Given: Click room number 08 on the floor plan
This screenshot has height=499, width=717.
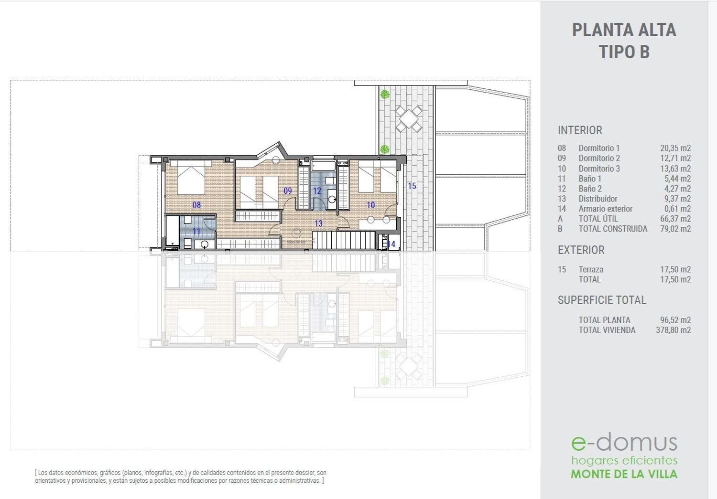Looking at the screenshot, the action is pos(196,205).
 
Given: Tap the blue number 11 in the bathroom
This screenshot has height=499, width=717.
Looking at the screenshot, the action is pos(196,231).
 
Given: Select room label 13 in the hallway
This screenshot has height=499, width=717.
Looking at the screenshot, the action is pos(318,223).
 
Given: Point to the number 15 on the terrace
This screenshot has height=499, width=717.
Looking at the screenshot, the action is pos(412,186).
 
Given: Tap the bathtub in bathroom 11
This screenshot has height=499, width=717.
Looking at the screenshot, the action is pos(172,232).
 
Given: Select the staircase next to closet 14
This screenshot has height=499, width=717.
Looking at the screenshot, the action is pos(344,240).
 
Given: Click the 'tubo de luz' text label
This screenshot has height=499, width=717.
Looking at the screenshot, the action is pos(296,242).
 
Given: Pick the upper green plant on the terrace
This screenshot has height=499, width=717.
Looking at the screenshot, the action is pos(385,94).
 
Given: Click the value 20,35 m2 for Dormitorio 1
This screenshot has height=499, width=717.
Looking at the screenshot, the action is pos(675,148).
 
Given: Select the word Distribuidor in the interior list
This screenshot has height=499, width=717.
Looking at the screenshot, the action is pos(598,199).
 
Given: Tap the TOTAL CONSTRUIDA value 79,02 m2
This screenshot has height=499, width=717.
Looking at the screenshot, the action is pos(675,229).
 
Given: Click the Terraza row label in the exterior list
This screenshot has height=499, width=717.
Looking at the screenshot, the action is pos(591,269).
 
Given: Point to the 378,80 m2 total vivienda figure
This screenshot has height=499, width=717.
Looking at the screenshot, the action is pos(674,330).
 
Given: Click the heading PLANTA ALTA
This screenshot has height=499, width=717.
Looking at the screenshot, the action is pos(624,30).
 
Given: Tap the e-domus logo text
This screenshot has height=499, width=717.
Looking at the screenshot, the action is pos(624,443).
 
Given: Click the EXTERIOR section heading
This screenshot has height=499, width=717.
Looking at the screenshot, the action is pos(581,250).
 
